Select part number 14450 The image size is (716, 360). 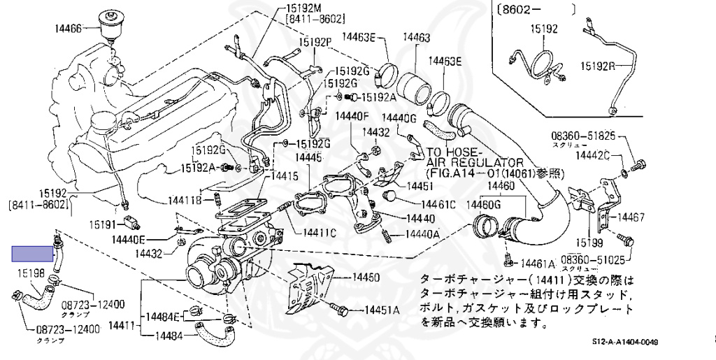361,278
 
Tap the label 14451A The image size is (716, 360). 380,310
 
